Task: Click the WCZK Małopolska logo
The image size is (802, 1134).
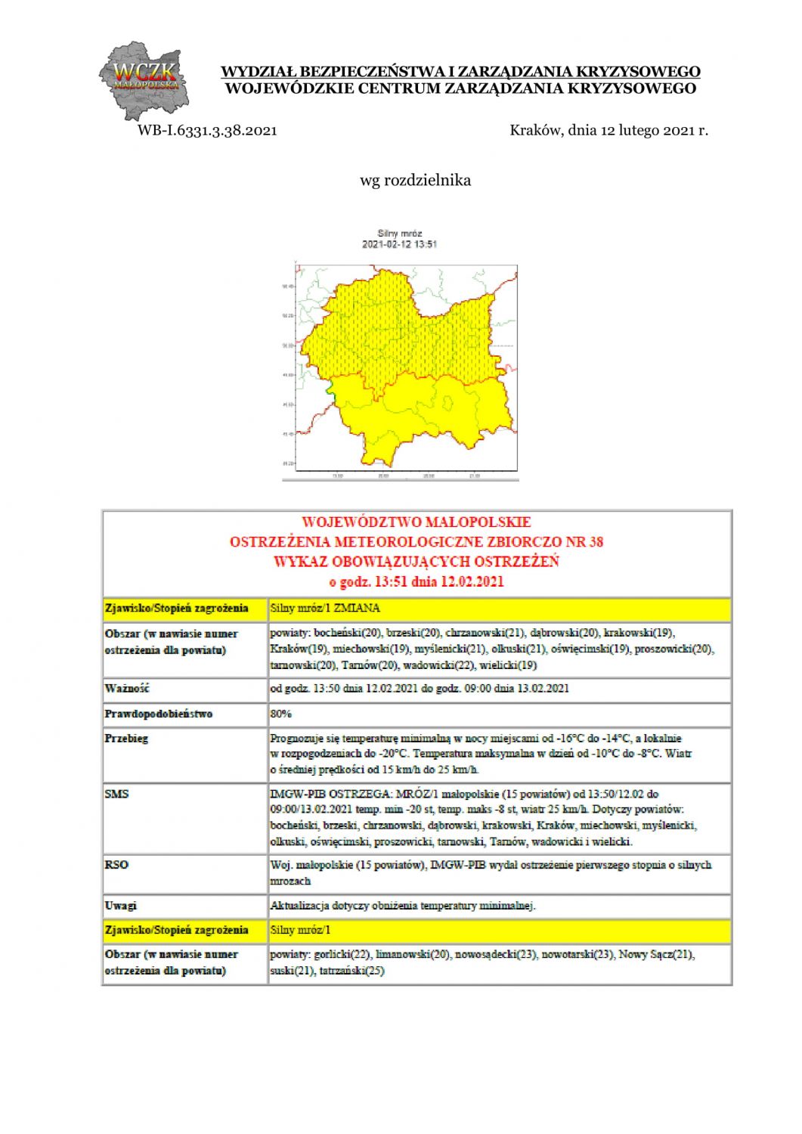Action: tap(144, 80)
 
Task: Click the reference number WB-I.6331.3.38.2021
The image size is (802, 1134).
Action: tap(207, 130)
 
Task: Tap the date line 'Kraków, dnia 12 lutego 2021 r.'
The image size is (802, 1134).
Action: tap(608, 130)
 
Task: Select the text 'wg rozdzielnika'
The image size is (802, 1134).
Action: tap(415, 180)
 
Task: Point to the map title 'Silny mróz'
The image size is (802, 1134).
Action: tap(399, 234)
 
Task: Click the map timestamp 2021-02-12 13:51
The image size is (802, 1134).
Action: tap(399, 244)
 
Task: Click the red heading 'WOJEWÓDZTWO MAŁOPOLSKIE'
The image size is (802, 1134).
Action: tap(416, 522)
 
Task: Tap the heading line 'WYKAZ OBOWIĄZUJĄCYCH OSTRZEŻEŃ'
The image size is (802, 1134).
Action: tap(416, 562)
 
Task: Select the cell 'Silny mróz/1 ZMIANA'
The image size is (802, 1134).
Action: tap(325, 608)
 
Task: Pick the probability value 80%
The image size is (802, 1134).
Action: tap(280, 714)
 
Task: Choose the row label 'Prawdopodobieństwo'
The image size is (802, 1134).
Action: tap(159, 714)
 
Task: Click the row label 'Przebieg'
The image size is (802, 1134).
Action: tap(127, 739)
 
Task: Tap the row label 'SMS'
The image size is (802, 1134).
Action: tap(116, 794)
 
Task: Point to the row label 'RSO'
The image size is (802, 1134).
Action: tap(116, 865)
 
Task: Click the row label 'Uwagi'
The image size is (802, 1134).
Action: tap(121, 906)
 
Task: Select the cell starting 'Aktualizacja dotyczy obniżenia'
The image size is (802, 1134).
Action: tap(402, 906)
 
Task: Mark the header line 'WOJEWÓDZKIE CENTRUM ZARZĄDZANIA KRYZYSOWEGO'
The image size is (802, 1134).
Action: tap(460, 88)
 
